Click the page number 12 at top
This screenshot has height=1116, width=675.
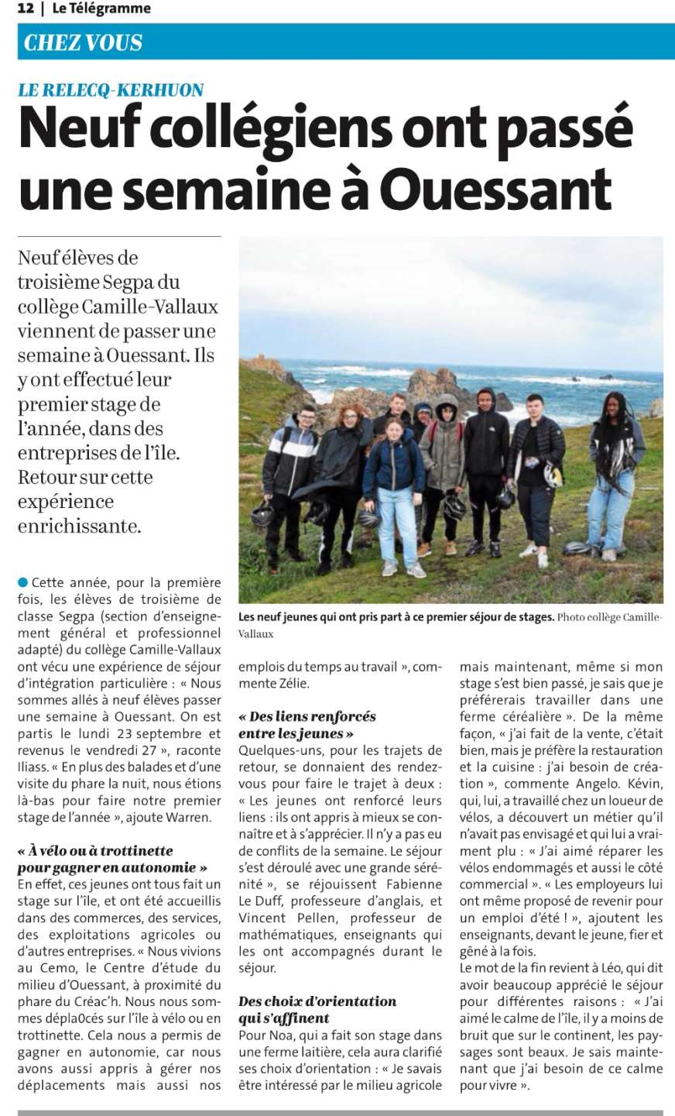(25, 9)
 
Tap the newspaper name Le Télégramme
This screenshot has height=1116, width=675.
(101, 9)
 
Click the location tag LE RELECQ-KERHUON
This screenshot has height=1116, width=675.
(111, 90)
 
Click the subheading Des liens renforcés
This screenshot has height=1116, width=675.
(307, 716)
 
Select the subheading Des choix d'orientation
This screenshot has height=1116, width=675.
(317, 1001)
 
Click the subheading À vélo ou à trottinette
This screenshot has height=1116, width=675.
(95, 850)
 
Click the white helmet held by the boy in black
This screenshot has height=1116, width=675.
(551, 473)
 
